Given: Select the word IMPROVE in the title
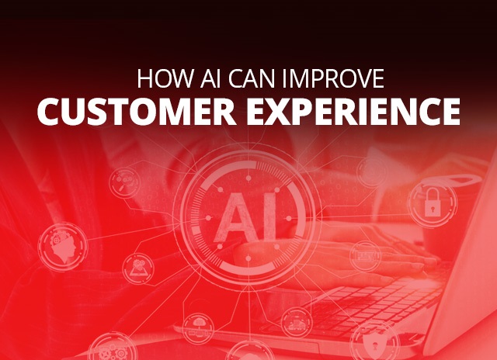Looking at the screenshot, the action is (x=333, y=78).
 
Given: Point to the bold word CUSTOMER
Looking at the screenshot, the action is (x=137, y=112).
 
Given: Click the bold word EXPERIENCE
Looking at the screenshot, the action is (x=354, y=112).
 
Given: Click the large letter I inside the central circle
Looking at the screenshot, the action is (x=269, y=217).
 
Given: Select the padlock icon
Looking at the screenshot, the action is (x=433, y=202).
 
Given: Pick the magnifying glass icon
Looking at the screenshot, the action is (x=124, y=182).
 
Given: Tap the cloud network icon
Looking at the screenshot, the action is (x=199, y=328).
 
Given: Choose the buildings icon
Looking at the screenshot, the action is (x=297, y=323).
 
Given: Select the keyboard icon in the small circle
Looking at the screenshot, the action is (x=366, y=256).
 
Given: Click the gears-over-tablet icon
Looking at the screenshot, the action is (x=138, y=268).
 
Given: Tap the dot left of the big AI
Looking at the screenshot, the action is (x=208, y=218).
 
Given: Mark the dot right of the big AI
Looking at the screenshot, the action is (x=288, y=218).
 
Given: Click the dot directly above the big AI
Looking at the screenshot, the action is (x=248, y=178).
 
